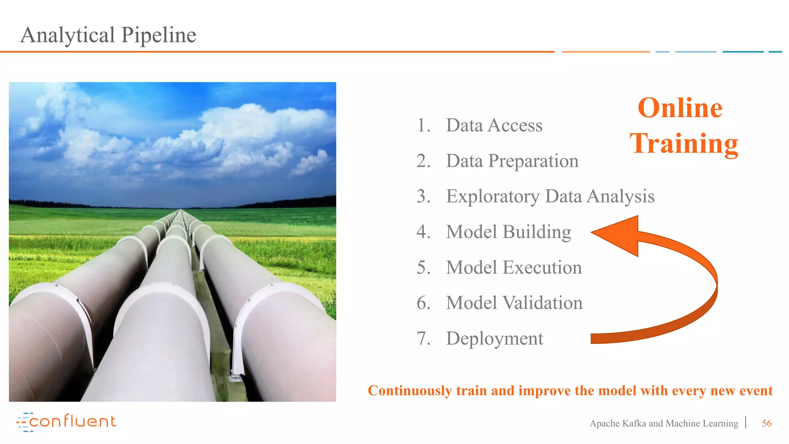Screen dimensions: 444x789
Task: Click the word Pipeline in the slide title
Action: [x=158, y=35]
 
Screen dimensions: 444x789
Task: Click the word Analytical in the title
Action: [x=67, y=35]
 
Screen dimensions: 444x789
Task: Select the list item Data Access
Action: [x=494, y=125]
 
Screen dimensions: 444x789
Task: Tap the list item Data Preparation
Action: [x=512, y=161]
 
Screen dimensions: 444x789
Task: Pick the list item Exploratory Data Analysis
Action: [x=550, y=196]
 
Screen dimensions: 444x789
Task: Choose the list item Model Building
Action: [x=508, y=232]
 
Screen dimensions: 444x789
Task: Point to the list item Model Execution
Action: [x=514, y=267]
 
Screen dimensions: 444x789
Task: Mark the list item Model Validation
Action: [x=514, y=303]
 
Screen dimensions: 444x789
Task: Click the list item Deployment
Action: [x=494, y=338]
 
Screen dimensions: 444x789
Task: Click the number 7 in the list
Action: [x=423, y=338]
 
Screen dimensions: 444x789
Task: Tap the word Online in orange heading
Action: [x=680, y=108]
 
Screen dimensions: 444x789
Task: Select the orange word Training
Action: [x=683, y=143]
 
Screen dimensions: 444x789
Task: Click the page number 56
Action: [x=766, y=423]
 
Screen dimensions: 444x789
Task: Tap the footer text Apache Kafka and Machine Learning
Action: [x=663, y=423]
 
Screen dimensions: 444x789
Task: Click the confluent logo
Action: [x=66, y=422]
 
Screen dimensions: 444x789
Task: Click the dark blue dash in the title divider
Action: [x=742, y=52]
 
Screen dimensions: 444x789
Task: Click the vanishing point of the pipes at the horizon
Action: [x=180, y=210]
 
